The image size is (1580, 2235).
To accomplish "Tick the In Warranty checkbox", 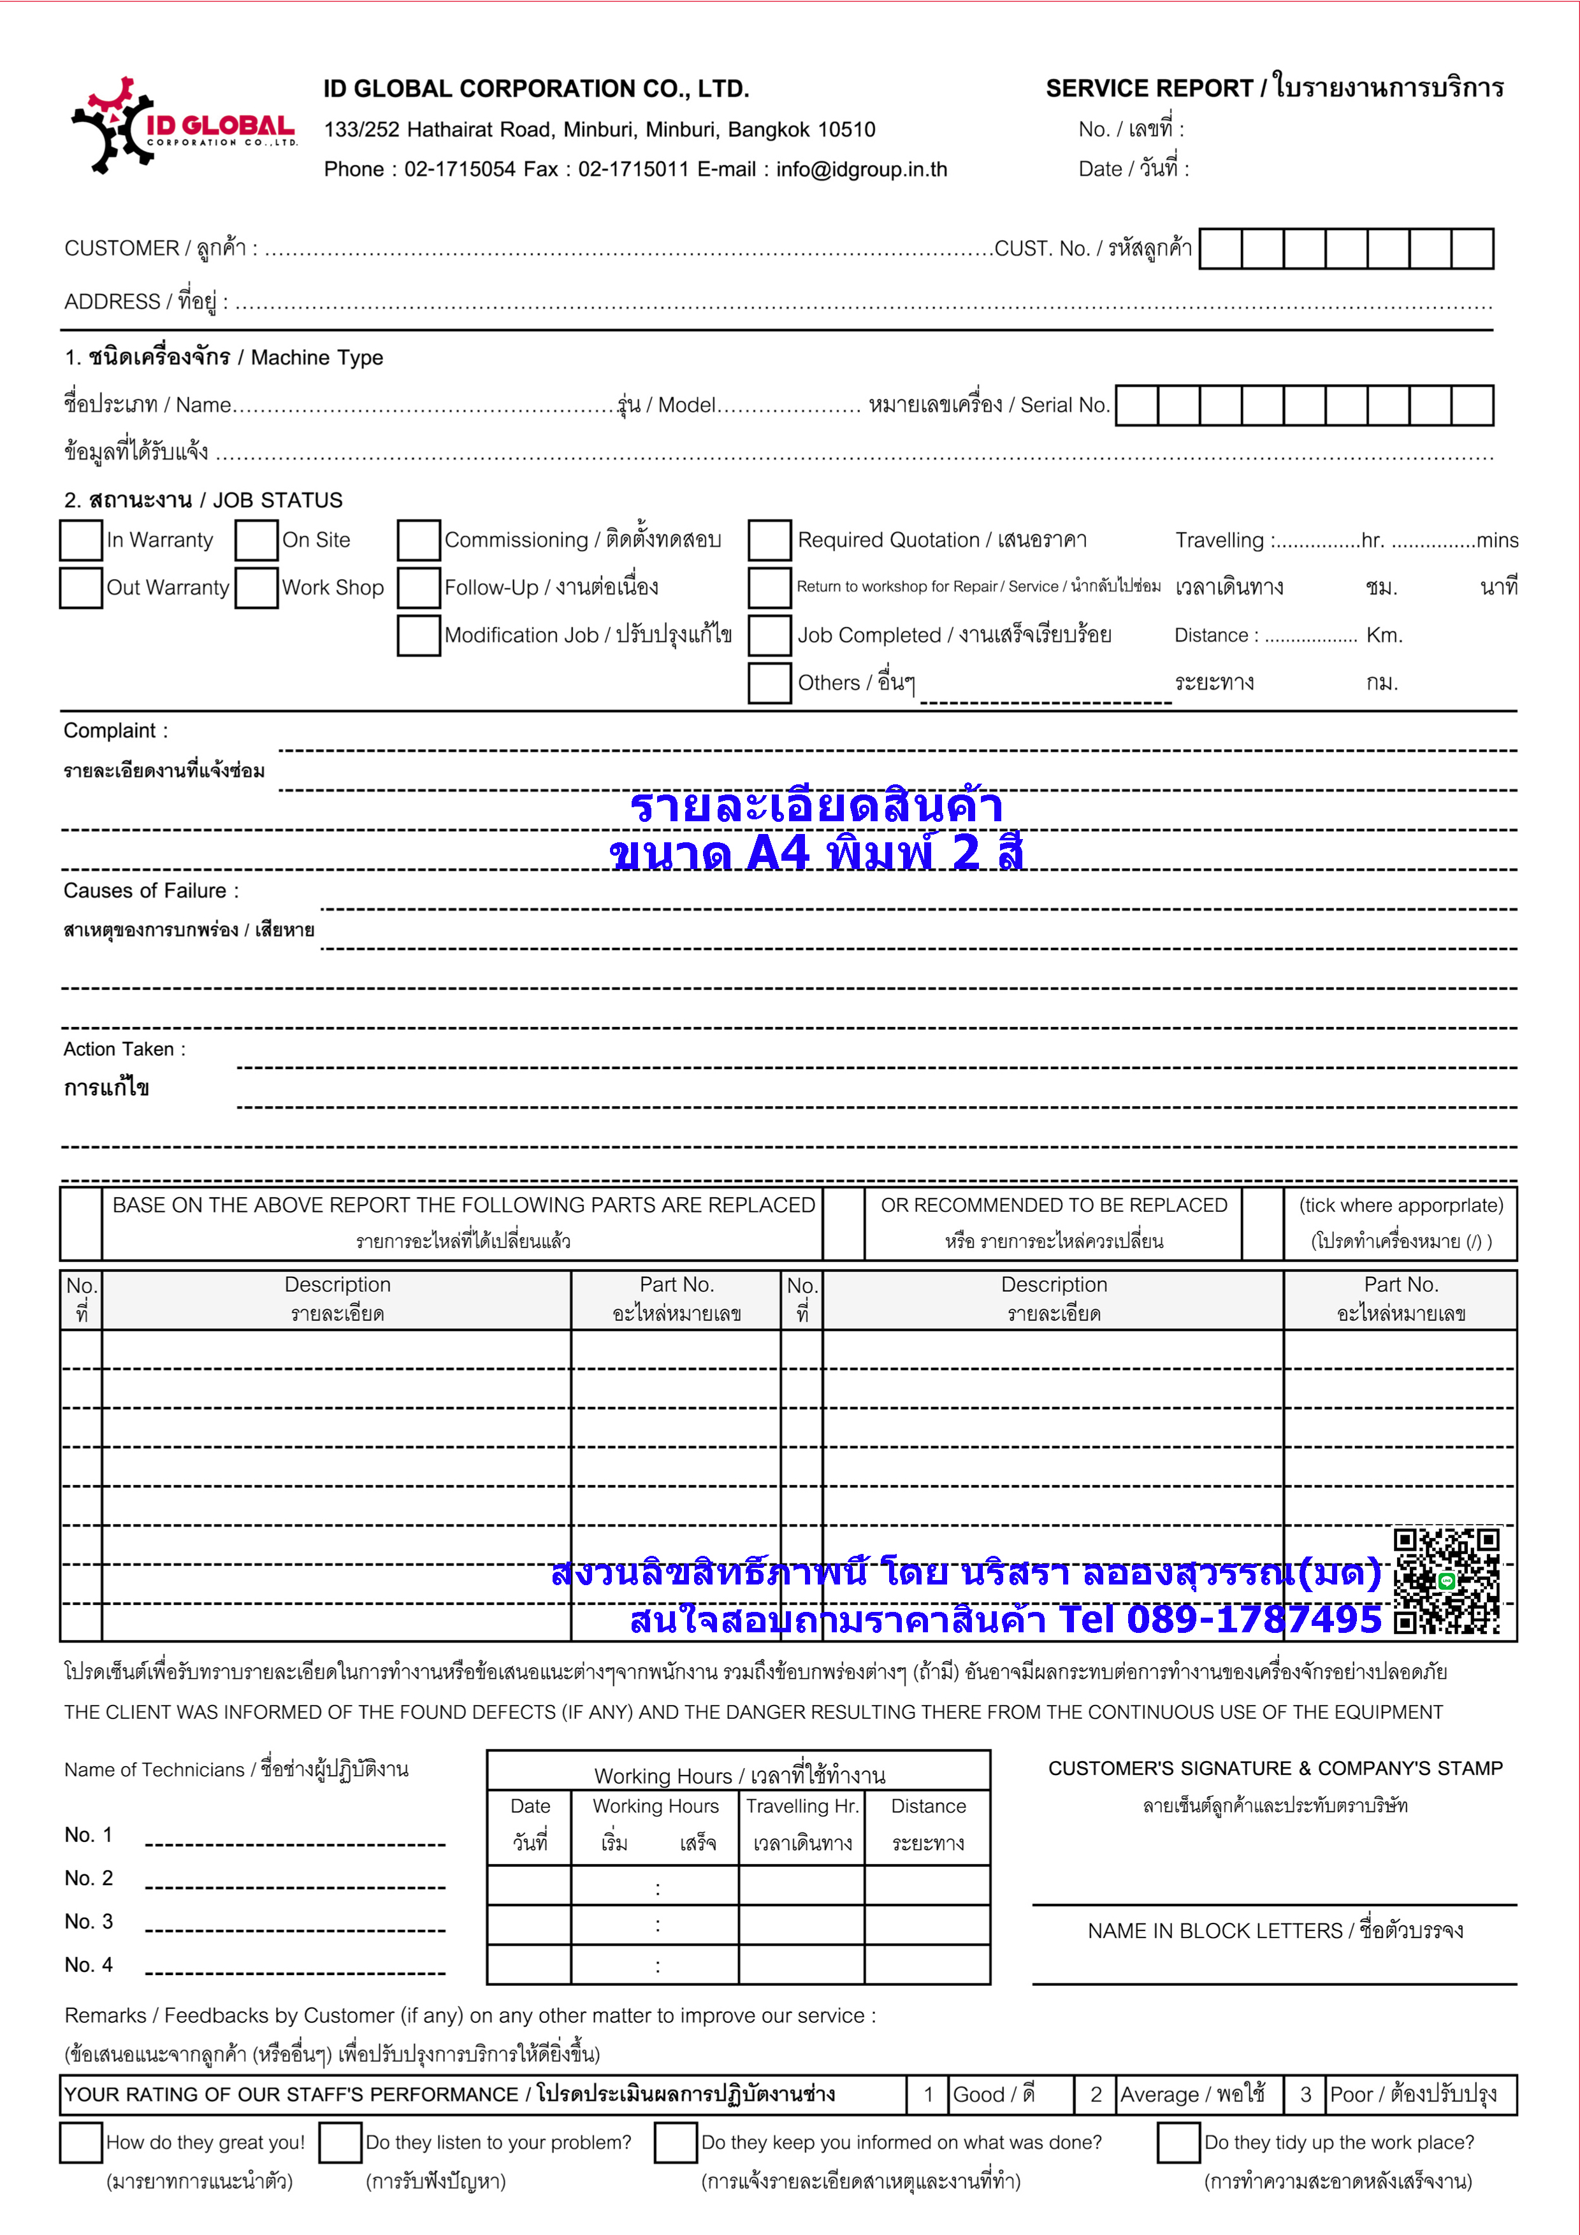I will click(81, 540).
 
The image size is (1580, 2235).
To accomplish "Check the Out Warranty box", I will click(81, 588).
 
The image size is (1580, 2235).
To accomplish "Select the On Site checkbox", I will click(257, 540).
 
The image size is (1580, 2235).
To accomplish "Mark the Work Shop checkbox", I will click(257, 588).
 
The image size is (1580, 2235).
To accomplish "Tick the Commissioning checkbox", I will click(419, 540).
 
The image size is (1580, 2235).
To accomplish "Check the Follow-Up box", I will click(419, 588).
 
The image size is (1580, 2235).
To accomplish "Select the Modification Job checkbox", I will click(419, 636).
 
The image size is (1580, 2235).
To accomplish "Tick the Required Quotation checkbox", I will click(769, 540).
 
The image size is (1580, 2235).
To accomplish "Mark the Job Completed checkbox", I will click(769, 636).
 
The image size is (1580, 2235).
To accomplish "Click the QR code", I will click(1446, 1581).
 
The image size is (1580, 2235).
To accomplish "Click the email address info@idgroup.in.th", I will click(862, 169).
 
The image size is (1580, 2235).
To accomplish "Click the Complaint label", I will click(115, 731).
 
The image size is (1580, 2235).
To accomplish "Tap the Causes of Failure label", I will click(151, 891).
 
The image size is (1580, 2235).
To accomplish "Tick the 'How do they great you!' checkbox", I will click(81, 2143).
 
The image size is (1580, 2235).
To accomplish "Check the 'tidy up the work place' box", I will click(1178, 2143).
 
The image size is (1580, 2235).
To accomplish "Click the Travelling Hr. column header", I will click(802, 1807).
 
